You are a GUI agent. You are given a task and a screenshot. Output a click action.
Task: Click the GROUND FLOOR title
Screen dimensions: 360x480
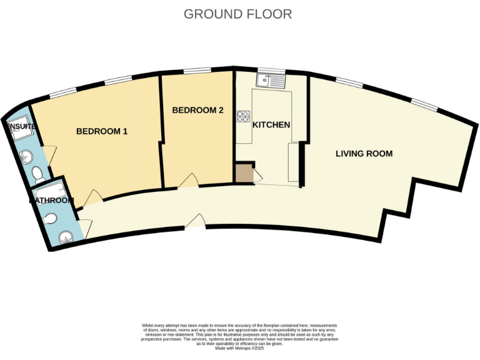[237, 14]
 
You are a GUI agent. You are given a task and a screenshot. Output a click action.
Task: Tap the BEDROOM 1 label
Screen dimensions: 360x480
[102, 131]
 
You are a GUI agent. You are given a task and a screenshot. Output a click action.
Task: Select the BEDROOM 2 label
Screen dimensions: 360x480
[197, 111]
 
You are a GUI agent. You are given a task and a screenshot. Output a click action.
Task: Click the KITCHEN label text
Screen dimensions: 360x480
[271, 125]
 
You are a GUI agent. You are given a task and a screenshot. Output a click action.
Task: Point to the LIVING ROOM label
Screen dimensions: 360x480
[364, 153]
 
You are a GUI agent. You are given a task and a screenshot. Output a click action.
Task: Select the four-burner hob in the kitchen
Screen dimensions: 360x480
[242, 116]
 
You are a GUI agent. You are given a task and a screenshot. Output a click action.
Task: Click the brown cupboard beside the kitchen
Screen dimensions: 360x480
[244, 173]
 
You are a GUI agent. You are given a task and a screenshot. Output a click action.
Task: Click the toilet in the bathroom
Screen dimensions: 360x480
[51, 218]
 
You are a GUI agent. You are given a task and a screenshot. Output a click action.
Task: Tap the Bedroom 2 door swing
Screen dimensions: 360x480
[186, 182]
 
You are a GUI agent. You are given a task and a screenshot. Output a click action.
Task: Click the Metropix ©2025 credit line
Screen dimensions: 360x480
[239, 348]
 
